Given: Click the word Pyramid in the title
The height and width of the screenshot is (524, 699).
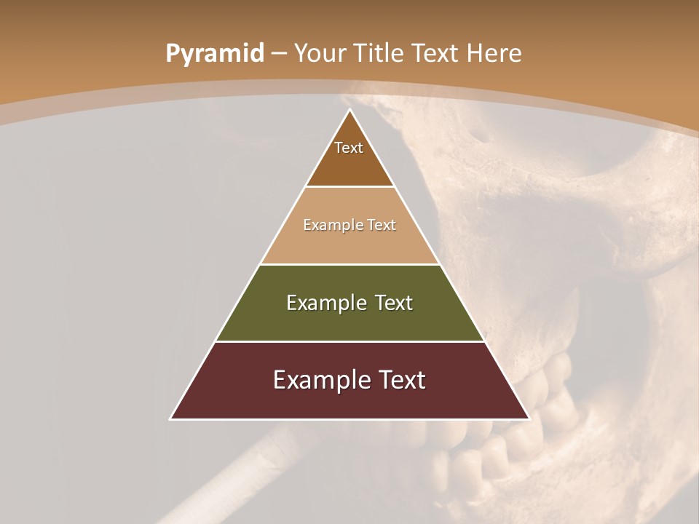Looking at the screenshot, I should coord(214,54).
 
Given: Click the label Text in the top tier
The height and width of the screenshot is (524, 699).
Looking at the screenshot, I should coord(349,148).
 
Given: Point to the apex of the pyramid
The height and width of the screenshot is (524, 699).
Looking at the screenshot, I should coord(350,111).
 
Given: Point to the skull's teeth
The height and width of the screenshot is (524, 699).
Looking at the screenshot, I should coord(510,437).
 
